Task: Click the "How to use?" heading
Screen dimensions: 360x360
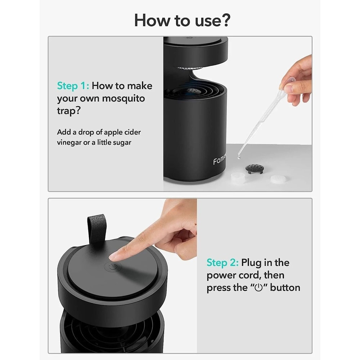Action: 182,20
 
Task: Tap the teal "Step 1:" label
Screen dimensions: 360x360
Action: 73,86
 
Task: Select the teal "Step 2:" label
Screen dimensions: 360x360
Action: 222,263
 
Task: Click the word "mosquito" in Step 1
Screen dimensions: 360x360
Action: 123,99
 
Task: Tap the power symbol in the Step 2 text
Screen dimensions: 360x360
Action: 259,288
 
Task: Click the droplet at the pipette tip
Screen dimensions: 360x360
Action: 239,158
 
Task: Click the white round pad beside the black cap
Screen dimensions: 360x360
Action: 278,179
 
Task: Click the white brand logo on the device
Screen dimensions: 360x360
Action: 220,159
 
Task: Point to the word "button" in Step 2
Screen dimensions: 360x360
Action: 285,288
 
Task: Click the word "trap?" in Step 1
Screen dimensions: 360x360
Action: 69,111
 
